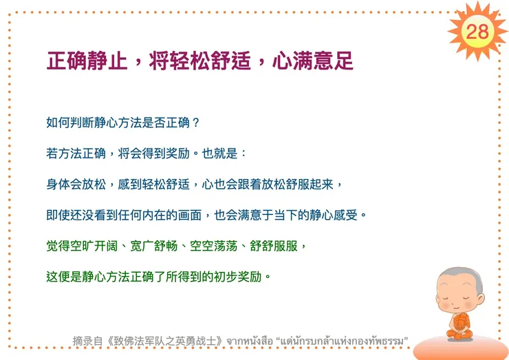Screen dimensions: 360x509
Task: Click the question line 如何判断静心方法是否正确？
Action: (x=123, y=123)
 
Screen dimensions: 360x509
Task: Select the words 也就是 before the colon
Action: (x=220, y=153)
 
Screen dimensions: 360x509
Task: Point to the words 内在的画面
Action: (x=171, y=215)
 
